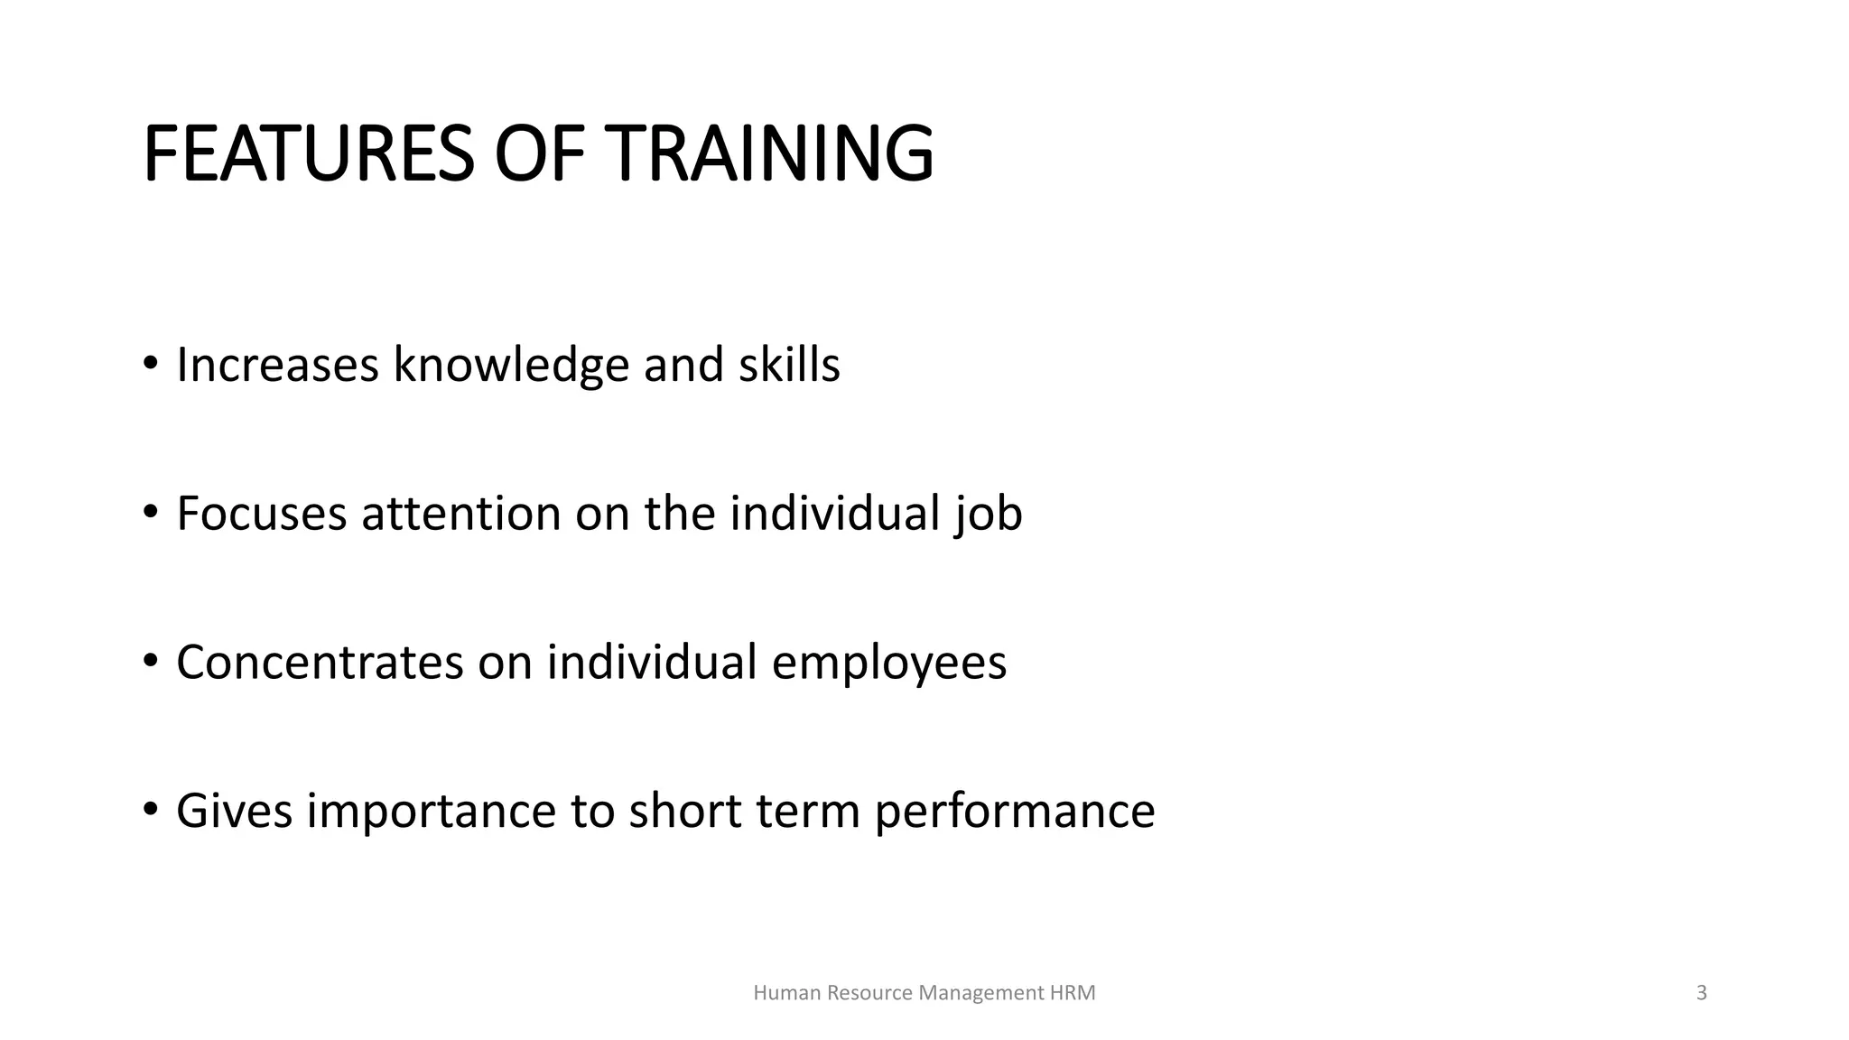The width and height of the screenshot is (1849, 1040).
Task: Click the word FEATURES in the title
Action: click(x=308, y=154)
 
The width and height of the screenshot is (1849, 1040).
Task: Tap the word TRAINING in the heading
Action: click(x=768, y=154)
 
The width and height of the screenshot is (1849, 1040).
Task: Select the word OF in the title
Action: click(x=539, y=154)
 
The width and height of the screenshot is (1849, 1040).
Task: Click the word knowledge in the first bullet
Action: click(x=511, y=366)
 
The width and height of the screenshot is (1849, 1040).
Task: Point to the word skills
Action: click(x=789, y=366)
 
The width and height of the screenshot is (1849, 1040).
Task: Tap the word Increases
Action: click(x=277, y=366)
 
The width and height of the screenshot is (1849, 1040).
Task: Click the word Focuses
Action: click(x=262, y=514)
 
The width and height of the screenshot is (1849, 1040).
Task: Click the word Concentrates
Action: click(x=320, y=662)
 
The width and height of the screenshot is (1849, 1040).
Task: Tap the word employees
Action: click(x=888, y=664)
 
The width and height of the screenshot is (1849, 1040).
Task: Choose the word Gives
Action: click(x=234, y=810)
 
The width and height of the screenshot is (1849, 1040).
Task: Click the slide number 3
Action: click(x=1702, y=993)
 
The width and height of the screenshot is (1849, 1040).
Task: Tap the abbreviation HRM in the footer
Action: click(x=1073, y=993)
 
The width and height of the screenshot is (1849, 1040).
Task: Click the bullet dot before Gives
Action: click(x=150, y=809)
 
